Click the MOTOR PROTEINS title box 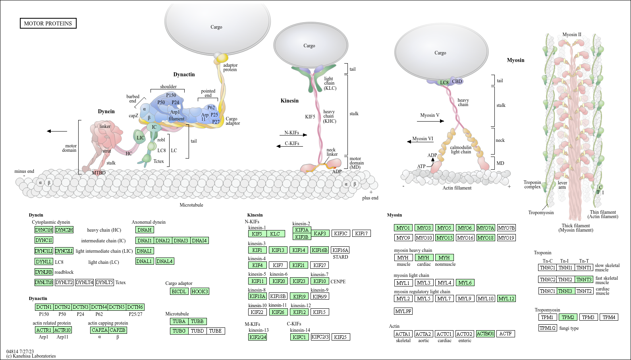(48, 23)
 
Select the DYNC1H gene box (44, 230)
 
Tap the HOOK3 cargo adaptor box (199, 291)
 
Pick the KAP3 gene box (320, 233)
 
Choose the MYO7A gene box (485, 228)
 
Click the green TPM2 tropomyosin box (568, 317)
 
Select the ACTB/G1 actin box (485, 334)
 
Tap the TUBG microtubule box (179, 331)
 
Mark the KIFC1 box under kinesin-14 (299, 337)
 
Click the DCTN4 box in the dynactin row (99, 307)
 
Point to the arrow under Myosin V (430, 121)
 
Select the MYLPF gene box (403, 311)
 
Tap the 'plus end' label (370, 198)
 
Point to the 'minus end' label (24, 171)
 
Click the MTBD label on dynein (99, 172)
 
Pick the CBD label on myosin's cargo (457, 81)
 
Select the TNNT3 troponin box (584, 279)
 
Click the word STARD (340, 257)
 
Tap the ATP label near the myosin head (421, 166)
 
